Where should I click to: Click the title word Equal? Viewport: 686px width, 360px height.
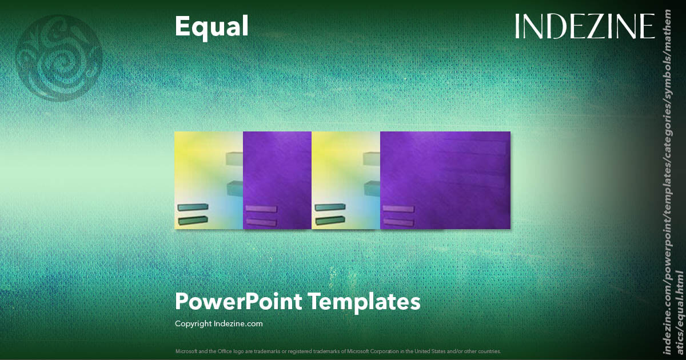(x=212, y=26)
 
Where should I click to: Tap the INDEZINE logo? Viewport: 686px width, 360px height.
(x=584, y=26)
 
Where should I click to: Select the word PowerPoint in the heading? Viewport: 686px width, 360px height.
(x=238, y=301)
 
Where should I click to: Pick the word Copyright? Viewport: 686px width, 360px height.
(x=193, y=323)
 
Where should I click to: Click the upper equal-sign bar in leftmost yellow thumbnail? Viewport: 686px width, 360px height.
(x=193, y=207)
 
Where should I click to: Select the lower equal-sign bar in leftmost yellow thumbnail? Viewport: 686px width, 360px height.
(x=193, y=220)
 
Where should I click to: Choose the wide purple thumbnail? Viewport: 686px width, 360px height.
(x=445, y=180)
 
